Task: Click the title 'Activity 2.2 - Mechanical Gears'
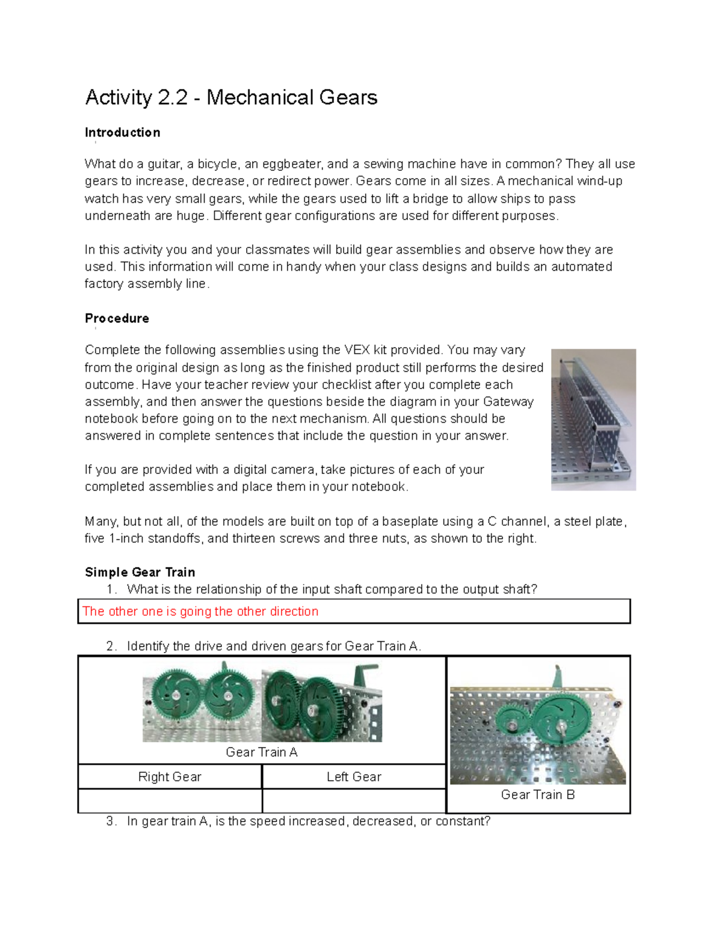pyautogui.click(x=231, y=97)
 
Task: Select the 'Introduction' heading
pyautogui.click(x=122, y=132)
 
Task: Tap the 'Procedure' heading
pyautogui.click(x=117, y=318)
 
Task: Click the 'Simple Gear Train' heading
pyautogui.click(x=140, y=572)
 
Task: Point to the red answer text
pyautogui.click(x=200, y=611)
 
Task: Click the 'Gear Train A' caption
pyautogui.click(x=261, y=752)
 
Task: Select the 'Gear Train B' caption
pyautogui.click(x=538, y=794)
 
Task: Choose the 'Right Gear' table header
pyautogui.click(x=170, y=776)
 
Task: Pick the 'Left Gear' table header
pyautogui.click(x=354, y=776)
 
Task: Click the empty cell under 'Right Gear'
pyautogui.click(x=170, y=800)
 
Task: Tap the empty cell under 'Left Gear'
pyautogui.click(x=354, y=800)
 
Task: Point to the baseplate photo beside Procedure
pyautogui.click(x=593, y=420)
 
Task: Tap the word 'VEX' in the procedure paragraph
pyautogui.click(x=357, y=350)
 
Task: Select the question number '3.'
pyautogui.click(x=111, y=821)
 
